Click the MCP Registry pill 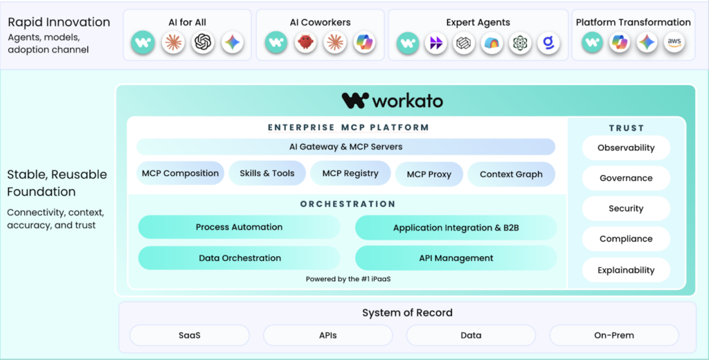tap(350, 174)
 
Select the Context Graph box tap(511, 174)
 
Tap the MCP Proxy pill tap(429, 174)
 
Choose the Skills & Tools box tap(267, 173)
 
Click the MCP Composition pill tap(180, 173)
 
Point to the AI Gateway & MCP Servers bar tap(345, 147)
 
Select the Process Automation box tap(239, 227)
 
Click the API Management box tap(456, 258)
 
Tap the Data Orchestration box tap(240, 258)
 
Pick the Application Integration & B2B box tap(456, 228)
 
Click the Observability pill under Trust tap(626, 147)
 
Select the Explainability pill tap(626, 270)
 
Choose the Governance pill tap(626, 178)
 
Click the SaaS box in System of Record tap(189, 335)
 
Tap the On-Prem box tap(613, 335)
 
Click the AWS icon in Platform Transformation tap(674, 43)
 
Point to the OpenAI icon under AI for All tap(203, 43)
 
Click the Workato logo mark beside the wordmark tap(355, 101)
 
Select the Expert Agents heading tap(478, 22)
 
